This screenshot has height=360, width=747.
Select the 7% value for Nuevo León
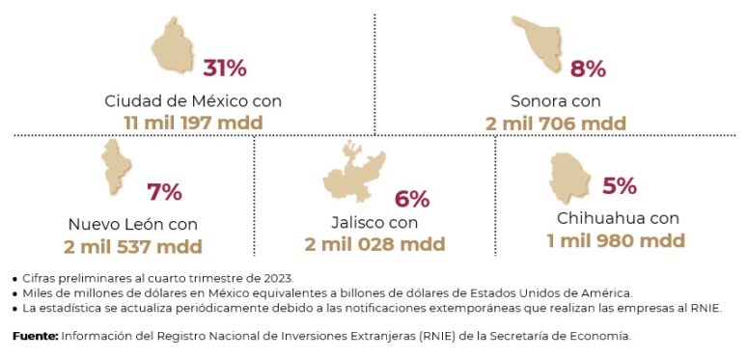coord(164,192)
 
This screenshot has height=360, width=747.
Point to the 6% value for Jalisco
coord(412,199)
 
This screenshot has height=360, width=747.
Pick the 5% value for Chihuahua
coord(619,185)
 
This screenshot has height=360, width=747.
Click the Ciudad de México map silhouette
coord(174,49)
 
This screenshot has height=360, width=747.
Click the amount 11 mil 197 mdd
coord(193,123)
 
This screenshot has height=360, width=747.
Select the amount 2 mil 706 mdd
coord(556,123)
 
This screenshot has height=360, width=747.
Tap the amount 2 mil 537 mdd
coord(133,246)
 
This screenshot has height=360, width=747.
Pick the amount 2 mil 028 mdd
coord(374,245)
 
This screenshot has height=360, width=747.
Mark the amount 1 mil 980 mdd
coord(616,240)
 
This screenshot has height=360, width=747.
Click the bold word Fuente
coord(35,337)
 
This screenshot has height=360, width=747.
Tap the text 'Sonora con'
coord(556,100)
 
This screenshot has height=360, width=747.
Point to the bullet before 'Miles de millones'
coord(14,293)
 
